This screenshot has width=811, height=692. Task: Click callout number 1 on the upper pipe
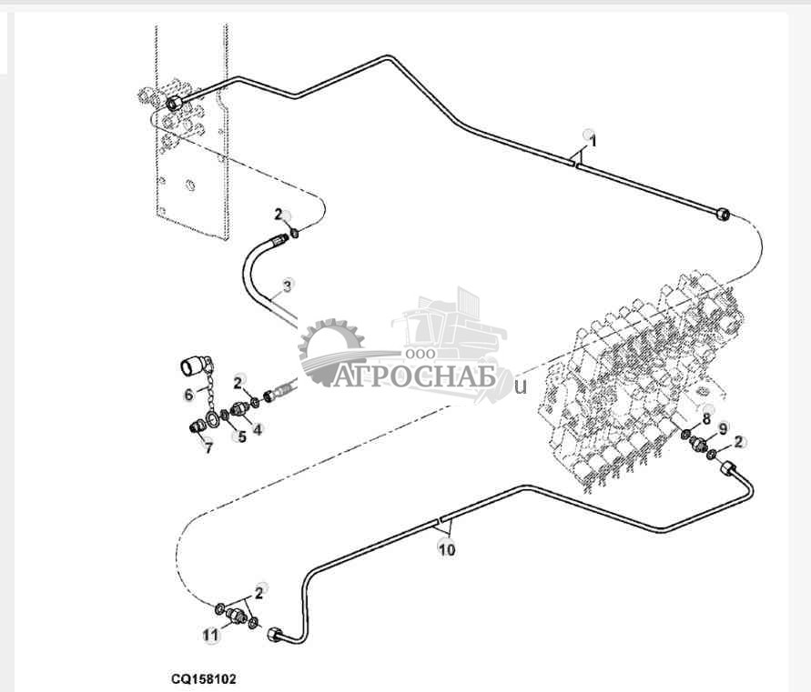(x=593, y=141)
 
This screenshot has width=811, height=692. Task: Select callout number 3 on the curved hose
(x=288, y=286)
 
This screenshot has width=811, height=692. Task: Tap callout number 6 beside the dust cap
(x=189, y=395)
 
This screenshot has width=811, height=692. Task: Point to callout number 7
(x=208, y=448)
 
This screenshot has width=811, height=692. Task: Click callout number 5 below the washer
(x=240, y=437)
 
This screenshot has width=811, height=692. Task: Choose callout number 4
(x=258, y=429)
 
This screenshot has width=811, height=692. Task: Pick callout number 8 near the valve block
(x=706, y=419)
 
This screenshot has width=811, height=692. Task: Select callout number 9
(x=724, y=428)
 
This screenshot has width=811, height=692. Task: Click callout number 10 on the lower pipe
(x=446, y=549)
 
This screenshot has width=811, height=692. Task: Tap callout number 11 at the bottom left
(x=210, y=636)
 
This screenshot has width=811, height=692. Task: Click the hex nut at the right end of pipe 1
(x=723, y=214)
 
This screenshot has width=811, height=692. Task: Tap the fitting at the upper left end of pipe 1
(x=173, y=103)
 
